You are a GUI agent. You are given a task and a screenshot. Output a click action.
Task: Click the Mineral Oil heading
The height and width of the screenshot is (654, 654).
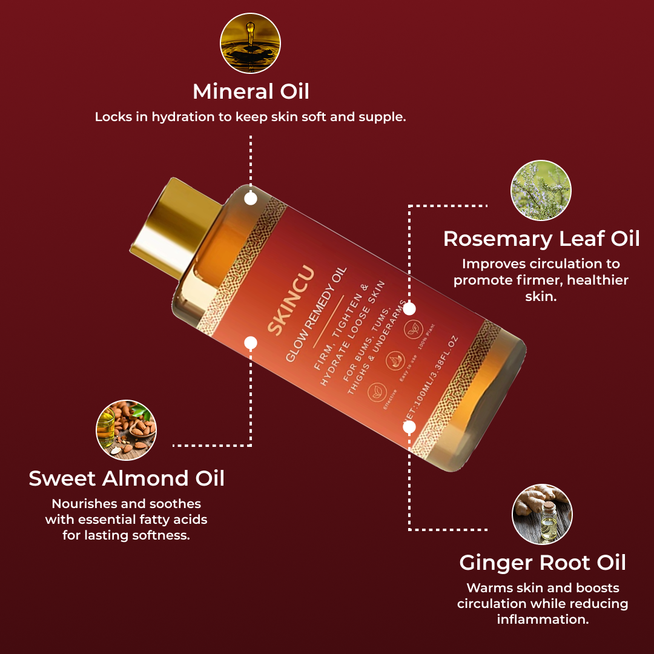tap(251, 91)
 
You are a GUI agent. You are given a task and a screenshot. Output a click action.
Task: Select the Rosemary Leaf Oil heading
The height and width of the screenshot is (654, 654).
tap(541, 239)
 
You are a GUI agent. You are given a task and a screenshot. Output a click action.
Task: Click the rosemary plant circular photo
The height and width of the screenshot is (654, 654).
tap(541, 190)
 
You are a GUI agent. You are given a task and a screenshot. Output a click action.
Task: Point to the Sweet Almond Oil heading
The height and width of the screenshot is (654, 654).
tap(127, 478)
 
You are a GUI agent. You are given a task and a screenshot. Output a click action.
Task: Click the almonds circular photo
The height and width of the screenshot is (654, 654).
tap(127, 430)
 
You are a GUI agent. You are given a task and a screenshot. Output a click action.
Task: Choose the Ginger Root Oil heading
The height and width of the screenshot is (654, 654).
tap(543, 563)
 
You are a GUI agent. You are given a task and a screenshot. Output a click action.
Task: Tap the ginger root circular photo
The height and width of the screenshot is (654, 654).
tap(542, 514)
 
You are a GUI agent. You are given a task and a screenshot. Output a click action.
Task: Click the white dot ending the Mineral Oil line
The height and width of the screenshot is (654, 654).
tap(251, 199)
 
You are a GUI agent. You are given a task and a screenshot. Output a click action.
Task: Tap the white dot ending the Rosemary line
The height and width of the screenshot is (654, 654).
tap(409, 309)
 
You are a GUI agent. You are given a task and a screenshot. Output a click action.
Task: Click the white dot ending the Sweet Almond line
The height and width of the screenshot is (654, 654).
tap(251, 343)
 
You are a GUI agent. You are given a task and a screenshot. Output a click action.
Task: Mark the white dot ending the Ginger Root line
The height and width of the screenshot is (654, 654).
tap(409, 427)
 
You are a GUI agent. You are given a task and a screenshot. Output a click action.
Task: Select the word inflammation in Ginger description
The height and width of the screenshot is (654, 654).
tap(542, 619)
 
